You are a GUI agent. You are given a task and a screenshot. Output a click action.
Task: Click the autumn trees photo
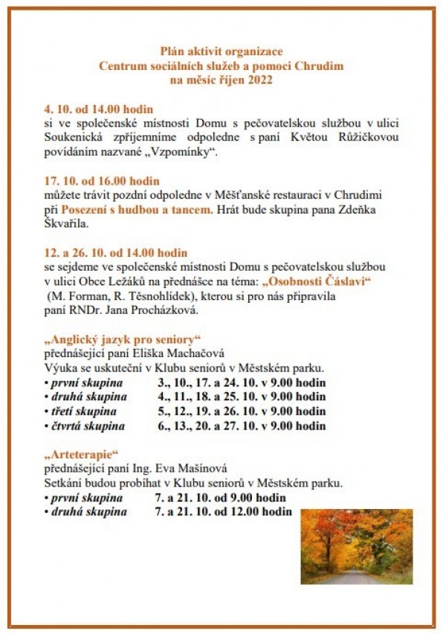(356, 546)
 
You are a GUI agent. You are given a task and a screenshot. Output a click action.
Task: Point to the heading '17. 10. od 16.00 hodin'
(101, 181)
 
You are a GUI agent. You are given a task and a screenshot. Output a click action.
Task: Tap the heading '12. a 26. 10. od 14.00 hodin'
(115, 253)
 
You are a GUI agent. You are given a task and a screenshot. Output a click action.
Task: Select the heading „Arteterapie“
(81, 454)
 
